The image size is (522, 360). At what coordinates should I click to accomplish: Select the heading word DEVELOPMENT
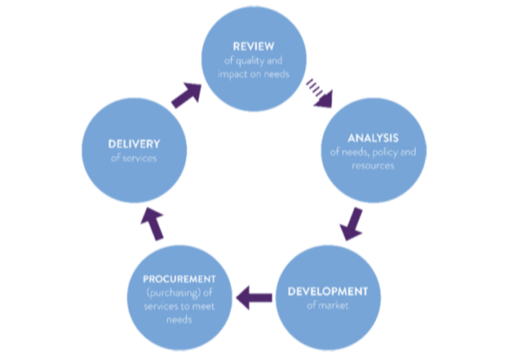point(328,289)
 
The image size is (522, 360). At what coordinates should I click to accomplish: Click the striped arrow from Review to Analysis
point(319,90)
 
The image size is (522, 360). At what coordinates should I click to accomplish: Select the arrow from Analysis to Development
point(352,223)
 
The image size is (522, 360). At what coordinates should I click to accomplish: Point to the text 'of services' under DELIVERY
point(133,158)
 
